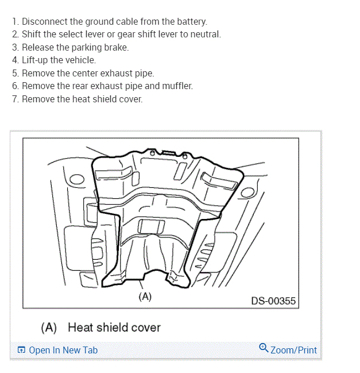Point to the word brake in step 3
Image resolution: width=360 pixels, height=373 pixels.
[117, 47]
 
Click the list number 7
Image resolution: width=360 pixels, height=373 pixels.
[15, 99]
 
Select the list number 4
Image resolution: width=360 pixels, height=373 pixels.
[15, 60]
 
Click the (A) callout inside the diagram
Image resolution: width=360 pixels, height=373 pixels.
[145, 297]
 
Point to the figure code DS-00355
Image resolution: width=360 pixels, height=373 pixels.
[274, 301]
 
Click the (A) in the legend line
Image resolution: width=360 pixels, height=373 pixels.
[49, 328]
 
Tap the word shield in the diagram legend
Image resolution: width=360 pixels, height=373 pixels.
[112, 328]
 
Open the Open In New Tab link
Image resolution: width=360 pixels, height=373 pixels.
[63, 350]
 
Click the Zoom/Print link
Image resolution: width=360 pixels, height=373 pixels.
[293, 350]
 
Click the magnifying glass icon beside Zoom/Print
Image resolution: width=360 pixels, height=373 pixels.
[264, 348]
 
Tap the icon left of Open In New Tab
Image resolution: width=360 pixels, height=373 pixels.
[21, 350]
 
